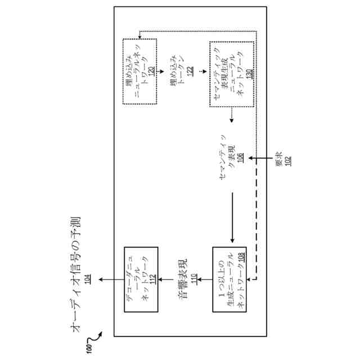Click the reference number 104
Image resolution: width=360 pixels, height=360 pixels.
(x=87, y=280)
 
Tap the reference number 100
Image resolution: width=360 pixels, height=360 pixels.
(x=89, y=348)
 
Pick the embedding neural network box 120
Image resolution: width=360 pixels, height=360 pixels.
(x=139, y=73)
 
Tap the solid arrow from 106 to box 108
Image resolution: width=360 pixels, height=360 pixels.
(x=232, y=219)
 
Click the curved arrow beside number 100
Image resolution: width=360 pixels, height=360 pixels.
(x=97, y=340)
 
